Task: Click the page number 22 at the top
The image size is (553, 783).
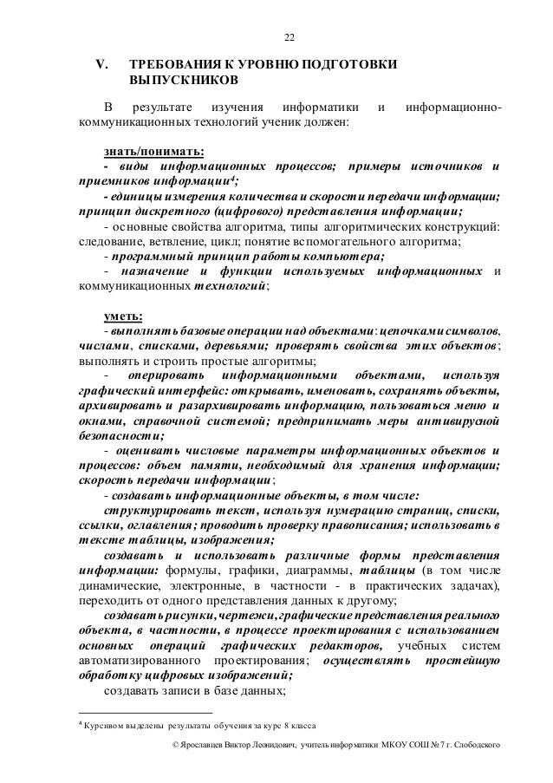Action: pos(290,37)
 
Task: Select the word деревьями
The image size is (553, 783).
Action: pos(228,345)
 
